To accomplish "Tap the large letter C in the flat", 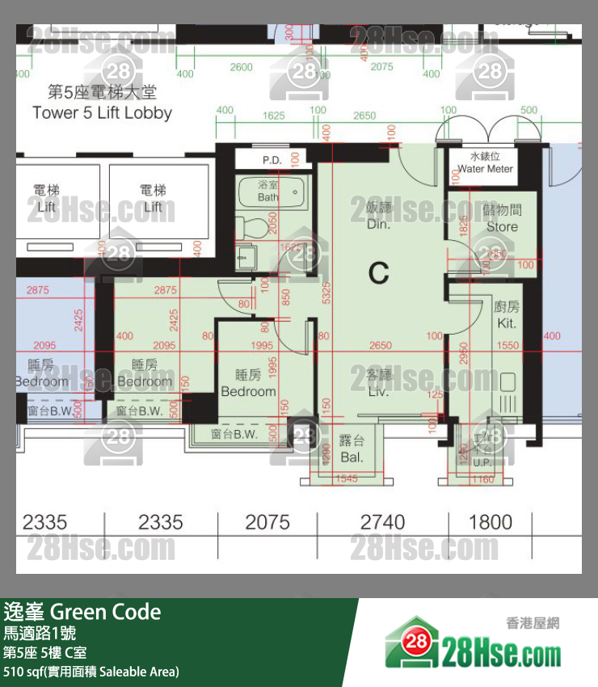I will tap(378, 273).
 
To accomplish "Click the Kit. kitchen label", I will tap(507, 315).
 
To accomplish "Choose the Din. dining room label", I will tap(378, 217).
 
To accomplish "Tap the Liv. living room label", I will tap(378, 384).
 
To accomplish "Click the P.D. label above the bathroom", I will tap(272, 160).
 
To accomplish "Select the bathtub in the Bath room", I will tap(272, 192).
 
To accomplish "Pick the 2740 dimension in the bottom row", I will tap(382, 522).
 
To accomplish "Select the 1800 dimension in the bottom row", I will tap(491, 522).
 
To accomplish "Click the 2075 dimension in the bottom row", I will tap(267, 522).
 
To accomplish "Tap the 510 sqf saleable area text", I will tap(91, 672).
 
